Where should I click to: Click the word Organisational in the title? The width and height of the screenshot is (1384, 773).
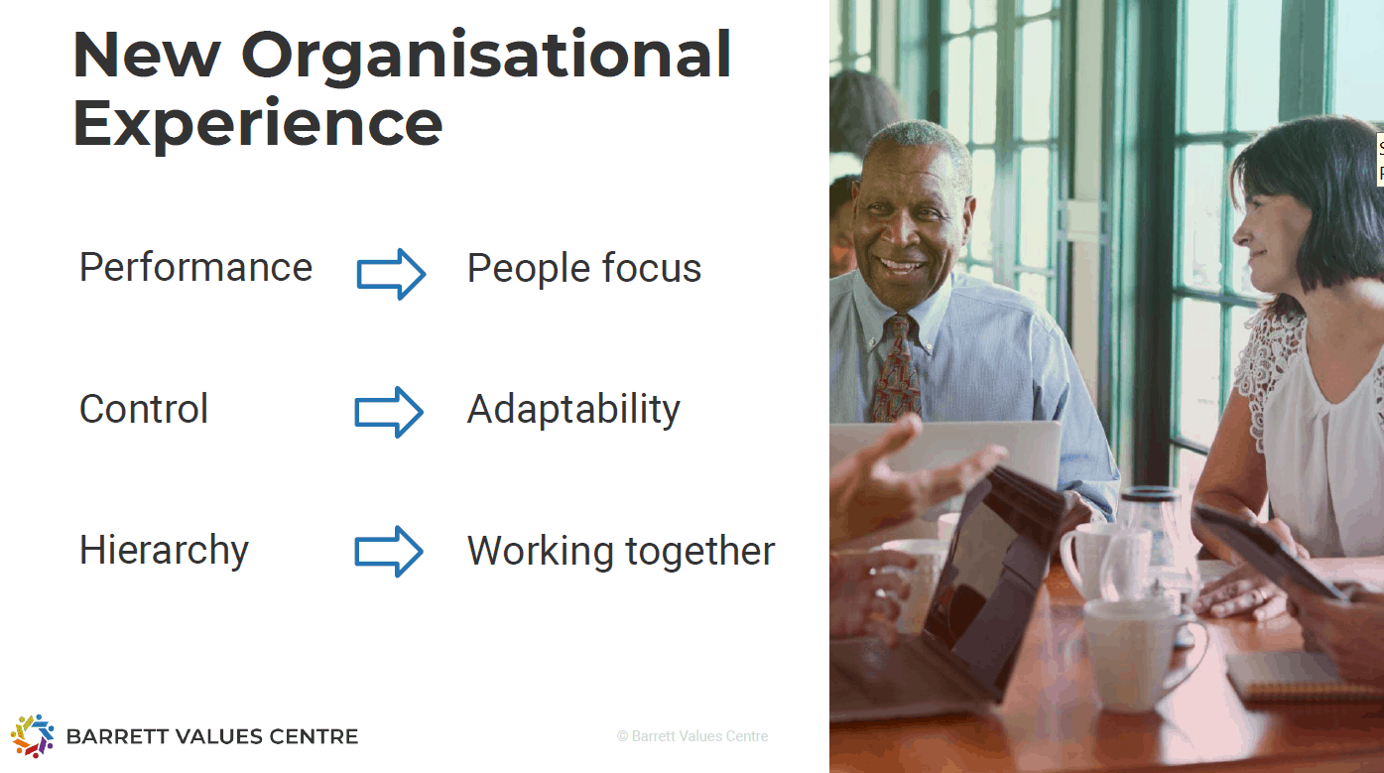tap(486, 57)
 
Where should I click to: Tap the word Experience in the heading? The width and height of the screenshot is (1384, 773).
tap(258, 125)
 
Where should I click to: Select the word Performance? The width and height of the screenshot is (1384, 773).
tap(195, 268)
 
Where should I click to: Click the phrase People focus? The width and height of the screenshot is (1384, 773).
tap(584, 269)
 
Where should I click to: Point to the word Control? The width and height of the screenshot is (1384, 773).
tap(143, 409)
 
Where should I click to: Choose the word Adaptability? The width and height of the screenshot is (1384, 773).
tap(573, 410)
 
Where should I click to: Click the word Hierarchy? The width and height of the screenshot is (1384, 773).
tap(164, 551)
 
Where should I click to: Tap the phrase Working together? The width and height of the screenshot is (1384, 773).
tap(621, 551)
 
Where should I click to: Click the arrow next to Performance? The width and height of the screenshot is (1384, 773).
tap(391, 274)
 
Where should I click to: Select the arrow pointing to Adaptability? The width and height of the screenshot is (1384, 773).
tap(389, 412)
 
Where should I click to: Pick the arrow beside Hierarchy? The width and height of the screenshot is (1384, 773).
tap(389, 552)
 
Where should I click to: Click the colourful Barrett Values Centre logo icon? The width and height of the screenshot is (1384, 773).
tap(32, 736)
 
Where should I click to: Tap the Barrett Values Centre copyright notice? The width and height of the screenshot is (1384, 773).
tap(692, 736)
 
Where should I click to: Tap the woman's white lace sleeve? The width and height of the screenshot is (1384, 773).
tap(1267, 377)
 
